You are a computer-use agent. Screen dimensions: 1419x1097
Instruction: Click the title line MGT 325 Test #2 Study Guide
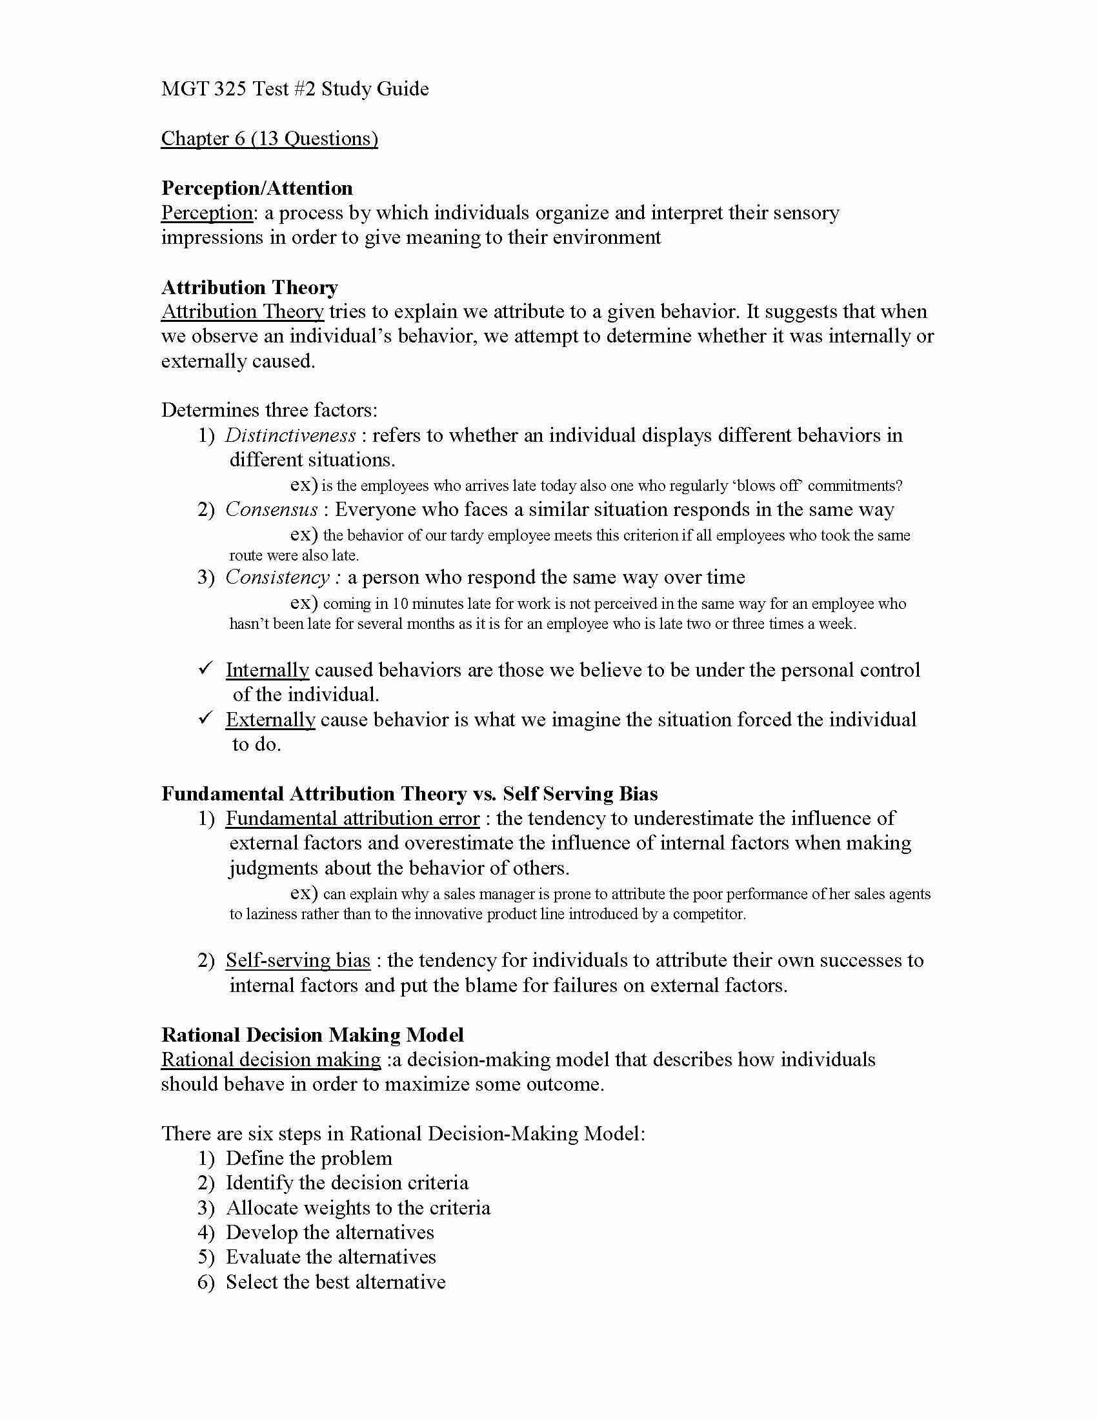(294, 88)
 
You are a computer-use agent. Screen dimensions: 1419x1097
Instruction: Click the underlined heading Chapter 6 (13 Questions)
(269, 139)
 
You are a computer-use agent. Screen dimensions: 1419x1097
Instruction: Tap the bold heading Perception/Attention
(257, 188)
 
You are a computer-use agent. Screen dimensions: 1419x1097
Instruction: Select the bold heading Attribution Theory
(250, 287)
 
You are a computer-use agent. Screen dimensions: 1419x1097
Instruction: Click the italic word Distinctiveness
(290, 435)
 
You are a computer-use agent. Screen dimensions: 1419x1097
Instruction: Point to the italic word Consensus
(272, 510)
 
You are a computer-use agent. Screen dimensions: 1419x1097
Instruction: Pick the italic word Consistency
(278, 577)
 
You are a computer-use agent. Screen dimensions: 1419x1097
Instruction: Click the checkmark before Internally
(206, 668)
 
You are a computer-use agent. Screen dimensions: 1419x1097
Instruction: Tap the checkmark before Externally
(206, 717)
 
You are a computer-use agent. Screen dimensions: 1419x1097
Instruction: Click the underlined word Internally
(267, 670)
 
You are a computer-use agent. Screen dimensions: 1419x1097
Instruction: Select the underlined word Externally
(270, 720)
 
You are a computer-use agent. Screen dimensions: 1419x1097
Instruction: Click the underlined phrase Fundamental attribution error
(352, 819)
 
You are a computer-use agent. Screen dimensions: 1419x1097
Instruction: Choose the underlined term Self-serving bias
(297, 960)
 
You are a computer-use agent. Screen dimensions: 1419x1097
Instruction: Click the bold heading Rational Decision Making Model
(312, 1035)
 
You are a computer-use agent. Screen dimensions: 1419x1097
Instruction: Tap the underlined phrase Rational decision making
(270, 1060)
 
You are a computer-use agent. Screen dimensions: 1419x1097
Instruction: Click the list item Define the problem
(308, 1158)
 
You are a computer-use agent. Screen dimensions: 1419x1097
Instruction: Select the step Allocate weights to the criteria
(358, 1208)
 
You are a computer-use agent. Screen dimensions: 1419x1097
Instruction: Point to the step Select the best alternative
(336, 1282)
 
